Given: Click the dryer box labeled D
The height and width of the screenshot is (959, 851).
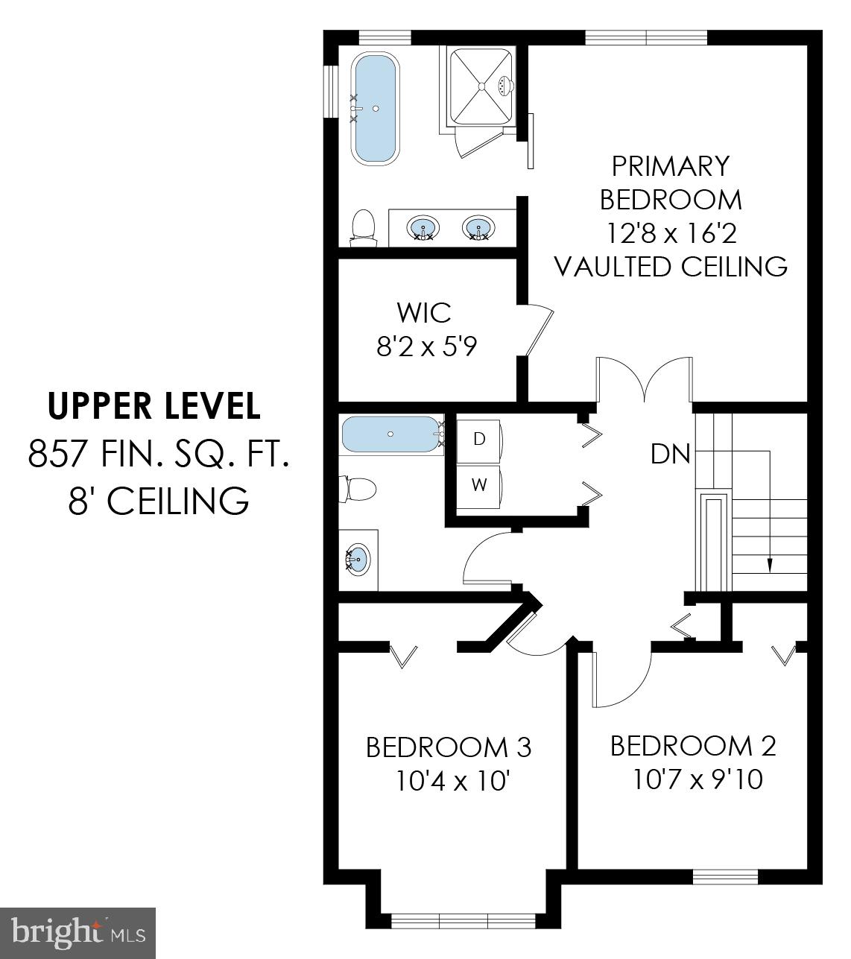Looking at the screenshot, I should pyautogui.click(x=479, y=439).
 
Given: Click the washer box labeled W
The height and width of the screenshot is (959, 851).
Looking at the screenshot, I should pyautogui.click(x=479, y=485).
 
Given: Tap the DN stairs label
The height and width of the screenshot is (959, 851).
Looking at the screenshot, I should pyautogui.click(x=670, y=454).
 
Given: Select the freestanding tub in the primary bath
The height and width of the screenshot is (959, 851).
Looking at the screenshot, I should pyautogui.click(x=376, y=109).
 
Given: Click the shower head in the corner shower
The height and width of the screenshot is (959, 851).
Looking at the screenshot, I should pyautogui.click(x=505, y=86).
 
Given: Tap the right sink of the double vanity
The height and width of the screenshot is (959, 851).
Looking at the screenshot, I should pyautogui.click(x=477, y=227).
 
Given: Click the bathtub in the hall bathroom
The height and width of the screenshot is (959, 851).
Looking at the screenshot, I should pyautogui.click(x=390, y=434).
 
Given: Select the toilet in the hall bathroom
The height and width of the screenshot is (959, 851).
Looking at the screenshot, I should pyautogui.click(x=358, y=489).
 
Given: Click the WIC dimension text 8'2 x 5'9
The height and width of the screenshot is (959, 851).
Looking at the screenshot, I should pyautogui.click(x=425, y=346).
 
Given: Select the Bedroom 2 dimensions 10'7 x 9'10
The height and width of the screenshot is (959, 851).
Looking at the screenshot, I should pyautogui.click(x=697, y=779).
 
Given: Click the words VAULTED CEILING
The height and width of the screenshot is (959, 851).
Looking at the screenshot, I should pyautogui.click(x=671, y=267).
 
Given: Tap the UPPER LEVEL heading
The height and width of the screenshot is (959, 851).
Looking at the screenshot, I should pyautogui.click(x=154, y=406).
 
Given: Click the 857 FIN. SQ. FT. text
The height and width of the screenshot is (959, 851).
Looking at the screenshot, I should pyautogui.click(x=158, y=453).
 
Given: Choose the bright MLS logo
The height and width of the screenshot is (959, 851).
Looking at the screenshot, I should pyautogui.click(x=78, y=932).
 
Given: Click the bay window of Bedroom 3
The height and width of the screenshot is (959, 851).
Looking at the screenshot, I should pyautogui.click(x=462, y=921).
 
